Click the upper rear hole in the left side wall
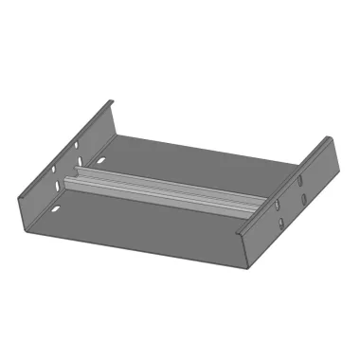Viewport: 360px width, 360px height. point(76,145)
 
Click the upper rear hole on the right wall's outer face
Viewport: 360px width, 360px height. point(299,179)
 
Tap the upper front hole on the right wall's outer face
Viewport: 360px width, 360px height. point(278,205)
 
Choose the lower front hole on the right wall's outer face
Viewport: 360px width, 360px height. point(280,224)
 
